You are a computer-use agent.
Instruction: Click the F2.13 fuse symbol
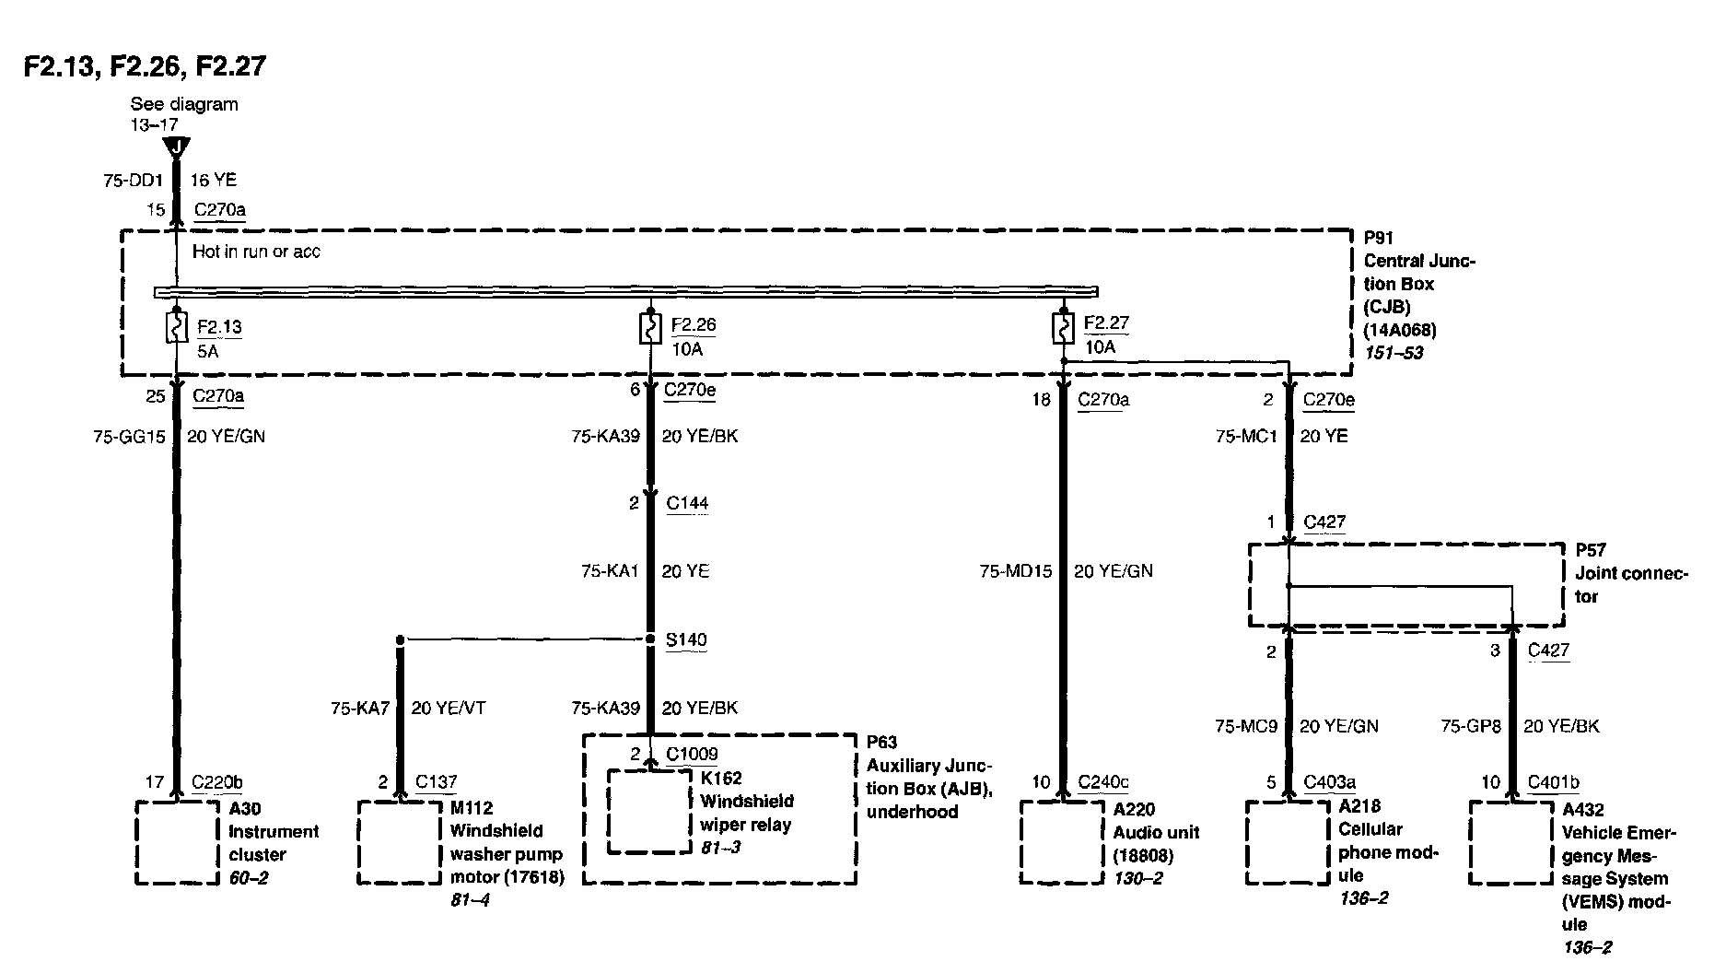175,328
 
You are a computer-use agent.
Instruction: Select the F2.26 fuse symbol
650,328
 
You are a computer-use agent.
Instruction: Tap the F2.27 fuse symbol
1063,328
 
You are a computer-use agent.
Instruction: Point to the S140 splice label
685,639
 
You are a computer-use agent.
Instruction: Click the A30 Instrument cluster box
177,842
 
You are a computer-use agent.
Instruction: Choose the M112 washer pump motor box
399,842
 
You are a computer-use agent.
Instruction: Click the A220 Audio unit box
1061,842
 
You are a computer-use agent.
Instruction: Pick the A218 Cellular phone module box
1287,842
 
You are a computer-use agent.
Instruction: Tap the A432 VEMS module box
1510,842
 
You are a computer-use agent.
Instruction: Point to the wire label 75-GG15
129,437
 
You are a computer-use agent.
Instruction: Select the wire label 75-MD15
1015,571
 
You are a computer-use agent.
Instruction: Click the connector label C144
687,503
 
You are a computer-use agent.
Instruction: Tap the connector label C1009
692,755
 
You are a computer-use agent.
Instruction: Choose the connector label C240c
1102,782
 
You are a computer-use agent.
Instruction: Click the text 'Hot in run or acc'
256,252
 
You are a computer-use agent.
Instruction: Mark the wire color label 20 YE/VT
448,709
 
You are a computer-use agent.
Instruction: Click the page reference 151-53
1393,353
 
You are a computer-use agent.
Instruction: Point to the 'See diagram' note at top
184,104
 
